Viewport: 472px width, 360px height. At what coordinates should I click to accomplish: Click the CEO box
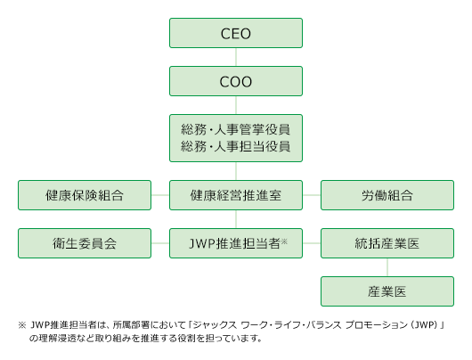236,33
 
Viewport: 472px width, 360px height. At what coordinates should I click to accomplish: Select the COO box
236,81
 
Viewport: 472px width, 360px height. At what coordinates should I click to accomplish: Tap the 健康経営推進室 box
236,195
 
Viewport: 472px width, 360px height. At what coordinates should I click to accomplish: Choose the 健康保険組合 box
85,195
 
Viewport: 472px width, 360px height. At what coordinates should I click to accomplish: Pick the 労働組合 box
387,195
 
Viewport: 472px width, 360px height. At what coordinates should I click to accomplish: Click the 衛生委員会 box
85,243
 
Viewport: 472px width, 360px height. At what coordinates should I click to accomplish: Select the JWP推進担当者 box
236,243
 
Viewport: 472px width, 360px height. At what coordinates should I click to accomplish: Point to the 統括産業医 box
387,243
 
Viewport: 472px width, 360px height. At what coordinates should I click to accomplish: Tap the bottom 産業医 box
387,291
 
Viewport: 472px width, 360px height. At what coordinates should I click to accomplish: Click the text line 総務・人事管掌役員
236,129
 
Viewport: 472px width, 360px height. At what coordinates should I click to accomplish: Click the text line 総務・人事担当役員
236,147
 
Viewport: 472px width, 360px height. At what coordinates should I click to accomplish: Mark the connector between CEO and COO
236,57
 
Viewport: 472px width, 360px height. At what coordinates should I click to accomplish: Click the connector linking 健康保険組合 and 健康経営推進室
160,195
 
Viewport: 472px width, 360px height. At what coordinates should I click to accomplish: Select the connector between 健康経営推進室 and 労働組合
312,195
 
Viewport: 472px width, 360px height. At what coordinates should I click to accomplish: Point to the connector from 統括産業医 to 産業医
387,267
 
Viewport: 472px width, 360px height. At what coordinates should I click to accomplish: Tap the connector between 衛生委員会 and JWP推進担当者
160,243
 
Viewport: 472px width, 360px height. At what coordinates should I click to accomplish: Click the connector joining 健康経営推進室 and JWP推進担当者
236,219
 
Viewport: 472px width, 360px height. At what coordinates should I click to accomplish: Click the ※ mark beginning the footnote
22,325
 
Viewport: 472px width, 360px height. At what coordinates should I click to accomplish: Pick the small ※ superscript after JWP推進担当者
284,241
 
